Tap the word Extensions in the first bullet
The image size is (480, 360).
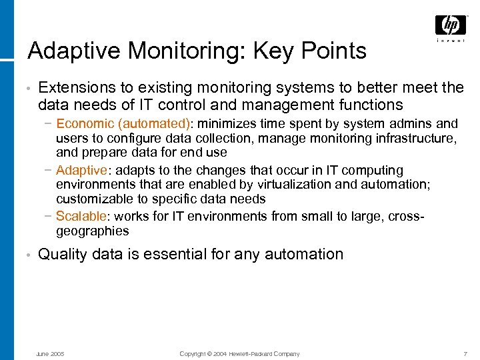(x=75, y=88)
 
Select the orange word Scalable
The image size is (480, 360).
(x=81, y=216)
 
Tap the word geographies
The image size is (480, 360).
(x=93, y=231)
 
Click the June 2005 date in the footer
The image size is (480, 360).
(x=49, y=353)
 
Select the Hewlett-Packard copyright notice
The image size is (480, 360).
(x=240, y=353)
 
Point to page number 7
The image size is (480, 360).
(x=464, y=353)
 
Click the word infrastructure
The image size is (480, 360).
(x=409, y=138)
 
